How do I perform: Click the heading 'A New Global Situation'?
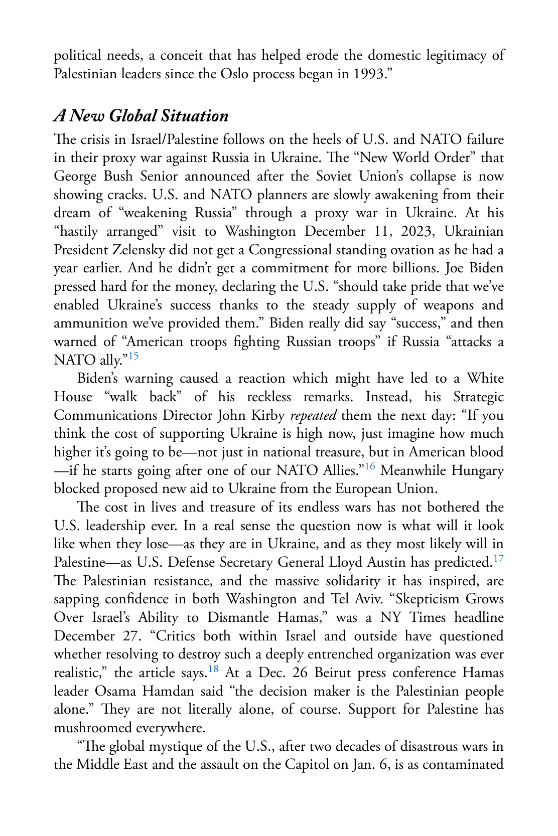[x=141, y=116]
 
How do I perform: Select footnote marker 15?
[x=133, y=357]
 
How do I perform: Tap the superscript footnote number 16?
[x=369, y=467]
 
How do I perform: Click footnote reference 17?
[x=498, y=559]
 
